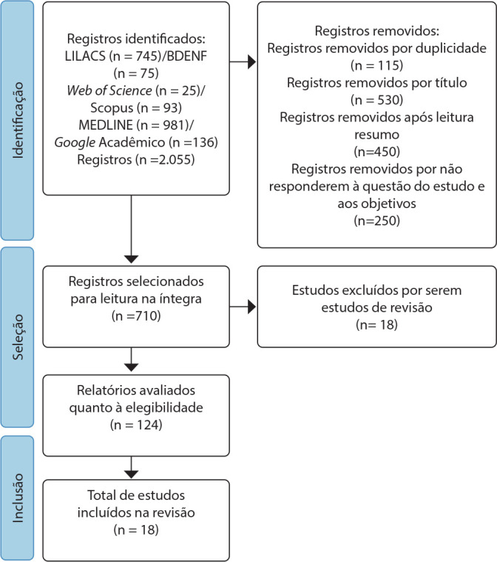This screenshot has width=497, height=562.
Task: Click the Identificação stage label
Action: click(x=18, y=121)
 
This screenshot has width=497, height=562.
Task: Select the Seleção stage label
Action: click(x=18, y=337)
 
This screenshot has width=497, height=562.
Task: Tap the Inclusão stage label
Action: click(x=18, y=498)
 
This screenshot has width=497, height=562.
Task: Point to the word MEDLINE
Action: click(x=106, y=124)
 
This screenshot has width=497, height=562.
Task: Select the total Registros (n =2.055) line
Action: click(x=136, y=159)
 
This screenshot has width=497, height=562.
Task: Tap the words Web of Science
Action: click(x=109, y=90)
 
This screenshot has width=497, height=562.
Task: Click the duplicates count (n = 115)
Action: click(x=376, y=65)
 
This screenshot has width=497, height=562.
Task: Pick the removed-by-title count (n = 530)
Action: click(x=376, y=100)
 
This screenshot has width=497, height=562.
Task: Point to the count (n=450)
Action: click(x=376, y=152)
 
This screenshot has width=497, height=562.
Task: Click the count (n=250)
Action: click(x=376, y=221)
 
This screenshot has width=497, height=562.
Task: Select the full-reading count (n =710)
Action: click(x=136, y=315)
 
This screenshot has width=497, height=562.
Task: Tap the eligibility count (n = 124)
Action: click(x=136, y=425)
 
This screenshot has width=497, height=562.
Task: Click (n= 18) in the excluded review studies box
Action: click(x=376, y=324)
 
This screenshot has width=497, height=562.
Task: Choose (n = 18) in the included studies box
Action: click(x=136, y=529)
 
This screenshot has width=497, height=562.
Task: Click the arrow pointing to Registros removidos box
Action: click(x=243, y=62)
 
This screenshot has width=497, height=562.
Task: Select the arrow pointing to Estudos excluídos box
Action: click(x=243, y=307)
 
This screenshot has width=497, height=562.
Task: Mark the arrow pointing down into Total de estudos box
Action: click(x=132, y=467)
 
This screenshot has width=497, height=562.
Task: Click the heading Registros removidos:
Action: click(x=376, y=31)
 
